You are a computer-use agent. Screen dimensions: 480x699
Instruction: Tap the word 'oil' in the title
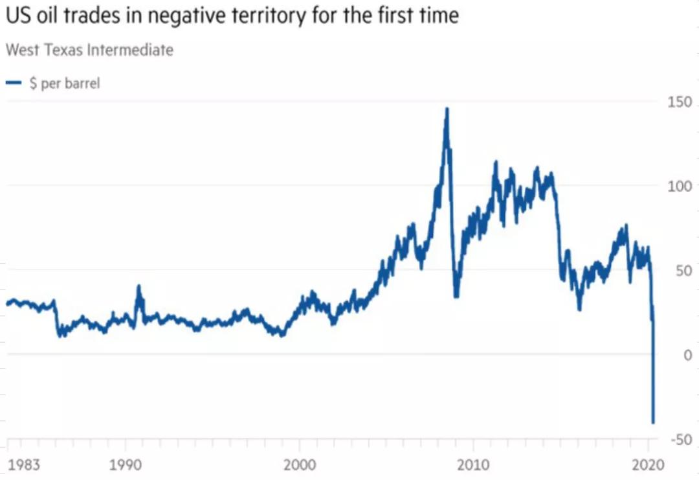point(49,16)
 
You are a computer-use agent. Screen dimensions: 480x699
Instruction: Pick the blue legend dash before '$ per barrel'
point(14,84)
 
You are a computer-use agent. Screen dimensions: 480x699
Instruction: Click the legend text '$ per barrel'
point(65,84)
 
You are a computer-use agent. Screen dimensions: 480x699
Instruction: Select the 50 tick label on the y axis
point(683,271)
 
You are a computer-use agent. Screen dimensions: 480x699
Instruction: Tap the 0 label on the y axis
point(687,355)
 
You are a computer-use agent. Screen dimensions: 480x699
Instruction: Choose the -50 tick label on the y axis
point(680,440)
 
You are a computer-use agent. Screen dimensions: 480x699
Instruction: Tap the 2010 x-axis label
point(473,464)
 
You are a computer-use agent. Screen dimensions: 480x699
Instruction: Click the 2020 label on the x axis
point(648,464)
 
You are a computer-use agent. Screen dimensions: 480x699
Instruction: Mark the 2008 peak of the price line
point(447,109)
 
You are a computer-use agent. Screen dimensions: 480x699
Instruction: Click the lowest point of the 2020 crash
point(653,422)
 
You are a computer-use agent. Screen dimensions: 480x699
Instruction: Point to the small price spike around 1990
point(138,286)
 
